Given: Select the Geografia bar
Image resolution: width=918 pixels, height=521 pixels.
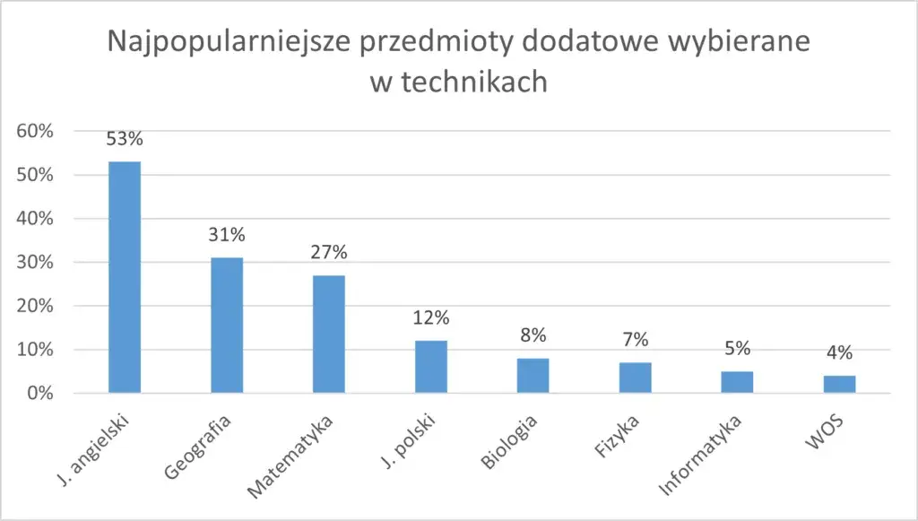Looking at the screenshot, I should pyautogui.click(x=227, y=325).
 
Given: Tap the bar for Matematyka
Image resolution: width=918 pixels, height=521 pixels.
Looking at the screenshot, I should pyautogui.click(x=329, y=334).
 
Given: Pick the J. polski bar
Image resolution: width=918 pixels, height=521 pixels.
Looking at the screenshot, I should pyautogui.click(x=431, y=366).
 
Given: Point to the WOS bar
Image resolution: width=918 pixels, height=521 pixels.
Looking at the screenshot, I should pyautogui.click(x=839, y=384).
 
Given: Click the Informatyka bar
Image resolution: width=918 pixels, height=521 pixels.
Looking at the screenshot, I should pyautogui.click(x=737, y=382).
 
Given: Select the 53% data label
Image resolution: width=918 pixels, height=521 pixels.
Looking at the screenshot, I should pyautogui.click(x=125, y=139).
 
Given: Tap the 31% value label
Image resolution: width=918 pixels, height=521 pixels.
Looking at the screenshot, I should pyautogui.click(x=227, y=236).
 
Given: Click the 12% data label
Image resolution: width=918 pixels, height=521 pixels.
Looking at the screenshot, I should pyautogui.click(x=431, y=318).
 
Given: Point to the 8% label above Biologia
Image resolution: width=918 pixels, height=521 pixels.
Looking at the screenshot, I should pyautogui.click(x=533, y=336).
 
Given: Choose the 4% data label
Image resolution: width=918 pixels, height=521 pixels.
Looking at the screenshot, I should pyautogui.click(x=839, y=353).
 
